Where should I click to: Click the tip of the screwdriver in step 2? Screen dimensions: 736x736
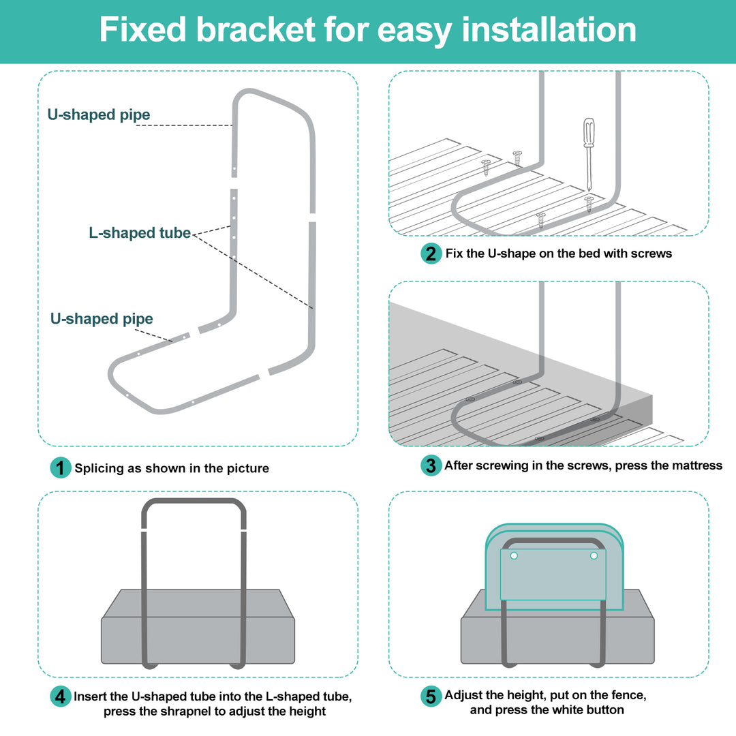(588, 189)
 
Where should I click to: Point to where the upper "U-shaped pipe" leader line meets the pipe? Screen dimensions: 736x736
(232, 125)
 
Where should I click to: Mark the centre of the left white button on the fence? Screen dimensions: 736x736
(514, 556)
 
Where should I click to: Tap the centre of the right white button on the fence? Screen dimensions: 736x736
(594, 556)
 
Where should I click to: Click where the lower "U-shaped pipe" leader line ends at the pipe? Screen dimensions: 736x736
(172, 341)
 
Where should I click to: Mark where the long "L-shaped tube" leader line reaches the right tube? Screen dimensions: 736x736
(312, 308)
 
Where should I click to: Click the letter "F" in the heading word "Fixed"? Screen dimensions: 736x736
(109, 29)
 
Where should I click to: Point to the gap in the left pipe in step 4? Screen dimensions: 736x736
(144, 531)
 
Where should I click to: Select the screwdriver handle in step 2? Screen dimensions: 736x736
(589, 132)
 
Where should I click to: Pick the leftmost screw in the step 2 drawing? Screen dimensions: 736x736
(486, 168)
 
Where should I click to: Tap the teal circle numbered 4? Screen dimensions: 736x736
(61, 696)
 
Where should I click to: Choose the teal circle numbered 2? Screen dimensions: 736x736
(431, 254)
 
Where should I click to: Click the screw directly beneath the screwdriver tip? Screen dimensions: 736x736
(589, 204)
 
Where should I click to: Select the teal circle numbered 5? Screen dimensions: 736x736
(431, 696)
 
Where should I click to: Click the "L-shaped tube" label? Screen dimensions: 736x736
(140, 233)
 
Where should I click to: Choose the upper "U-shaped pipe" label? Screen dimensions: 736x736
(99, 114)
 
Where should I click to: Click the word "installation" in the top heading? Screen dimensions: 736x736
(549, 29)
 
